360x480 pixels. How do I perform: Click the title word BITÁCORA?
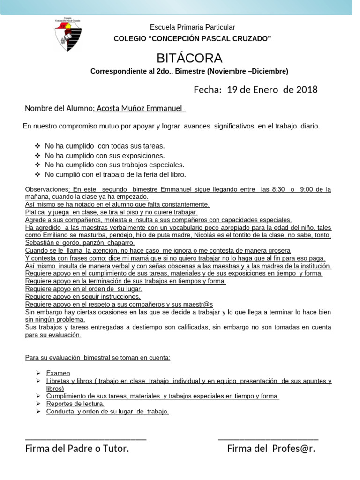pyautogui.click(x=189, y=58)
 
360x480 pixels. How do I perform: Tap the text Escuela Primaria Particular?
pyautogui.click(x=192, y=27)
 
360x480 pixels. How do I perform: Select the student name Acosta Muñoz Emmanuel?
pyautogui.click(x=139, y=108)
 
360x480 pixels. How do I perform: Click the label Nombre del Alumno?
pyautogui.click(x=59, y=108)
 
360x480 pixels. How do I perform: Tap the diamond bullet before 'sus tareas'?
pyautogui.click(x=38, y=146)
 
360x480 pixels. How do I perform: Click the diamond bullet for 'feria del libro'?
pyautogui.click(x=38, y=174)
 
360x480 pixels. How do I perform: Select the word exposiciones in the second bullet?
pyautogui.click(x=143, y=156)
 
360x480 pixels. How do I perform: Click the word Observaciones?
pyautogui.click(x=46, y=189)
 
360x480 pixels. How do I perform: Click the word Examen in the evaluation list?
pyautogui.click(x=58, y=373)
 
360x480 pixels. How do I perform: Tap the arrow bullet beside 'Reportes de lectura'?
pyautogui.click(x=38, y=404)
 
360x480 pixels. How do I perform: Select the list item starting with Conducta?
pyautogui.click(x=107, y=411)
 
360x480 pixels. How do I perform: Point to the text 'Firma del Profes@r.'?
pyautogui.click(x=271, y=449)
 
